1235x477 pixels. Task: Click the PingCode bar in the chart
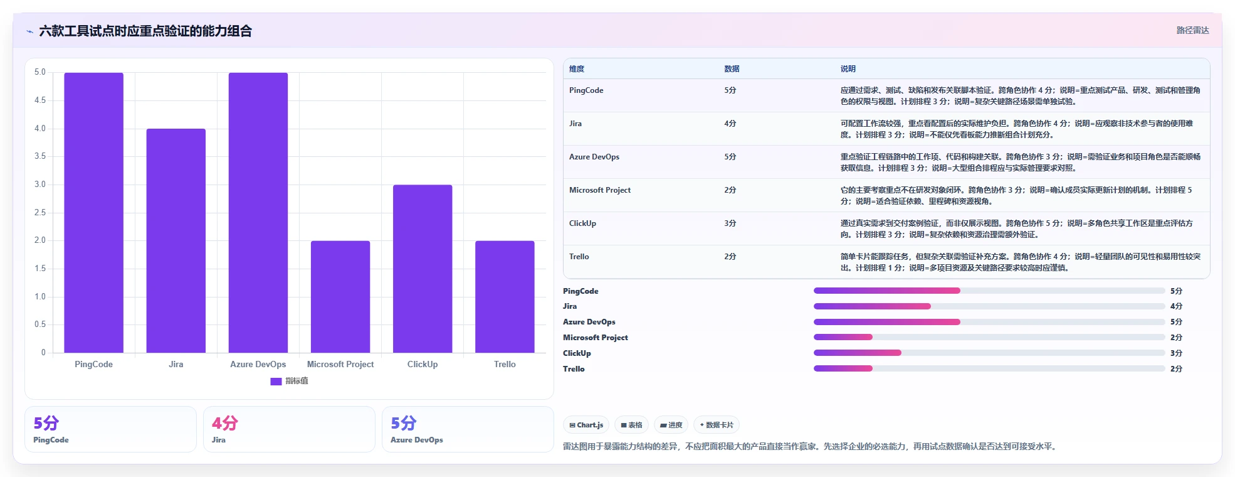point(93,213)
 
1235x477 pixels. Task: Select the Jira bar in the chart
point(176,241)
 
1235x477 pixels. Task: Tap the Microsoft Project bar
point(340,297)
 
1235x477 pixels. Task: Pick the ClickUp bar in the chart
point(423,269)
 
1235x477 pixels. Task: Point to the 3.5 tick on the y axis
point(40,156)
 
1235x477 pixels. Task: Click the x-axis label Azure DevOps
point(258,364)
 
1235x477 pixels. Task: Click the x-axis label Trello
point(505,364)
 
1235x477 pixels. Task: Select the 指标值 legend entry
point(290,381)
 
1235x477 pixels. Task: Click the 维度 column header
point(577,69)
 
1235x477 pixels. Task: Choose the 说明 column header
point(848,69)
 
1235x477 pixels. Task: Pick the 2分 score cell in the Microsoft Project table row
point(730,190)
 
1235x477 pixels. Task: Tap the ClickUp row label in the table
point(582,223)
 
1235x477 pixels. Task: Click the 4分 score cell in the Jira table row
point(730,124)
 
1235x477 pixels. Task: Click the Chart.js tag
point(586,425)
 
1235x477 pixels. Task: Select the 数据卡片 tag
point(717,425)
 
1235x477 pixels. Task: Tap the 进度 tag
point(671,425)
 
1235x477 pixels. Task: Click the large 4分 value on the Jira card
point(225,423)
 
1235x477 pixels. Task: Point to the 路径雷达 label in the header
point(1192,30)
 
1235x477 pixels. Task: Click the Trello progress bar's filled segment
point(843,368)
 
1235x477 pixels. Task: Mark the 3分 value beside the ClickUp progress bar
point(1176,353)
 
